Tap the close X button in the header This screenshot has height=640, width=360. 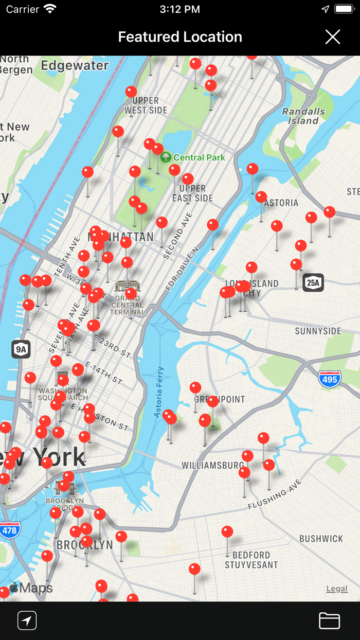pyautogui.click(x=333, y=37)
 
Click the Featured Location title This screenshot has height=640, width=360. pyautogui.click(x=180, y=37)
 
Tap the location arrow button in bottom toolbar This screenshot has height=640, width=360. pyautogui.click(x=27, y=620)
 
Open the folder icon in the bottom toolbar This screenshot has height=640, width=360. pyautogui.click(x=329, y=620)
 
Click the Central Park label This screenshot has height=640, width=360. pyautogui.click(x=200, y=157)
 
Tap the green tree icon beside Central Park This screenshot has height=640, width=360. pyautogui.click(x=166, y=157)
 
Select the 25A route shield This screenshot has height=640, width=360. pyautogui.click(x=313, y=282)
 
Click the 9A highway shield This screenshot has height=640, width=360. pyautogui.click(x=21, y=349)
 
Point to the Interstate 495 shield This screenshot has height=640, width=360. pyautogui.click(x=329, y=379)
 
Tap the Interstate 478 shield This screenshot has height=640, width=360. pyautogui.click(x=9, y=529)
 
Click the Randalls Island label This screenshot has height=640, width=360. pyautogui.click(x=303, y=116)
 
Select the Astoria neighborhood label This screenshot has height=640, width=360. pyautogui.click(x=281, y=203)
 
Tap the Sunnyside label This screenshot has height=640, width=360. pyautogui.click(x=318, y=331)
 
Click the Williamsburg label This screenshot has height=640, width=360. pyautogui.click(x=212, y=466)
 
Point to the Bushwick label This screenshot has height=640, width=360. pyautogui.click(x=321, y=539)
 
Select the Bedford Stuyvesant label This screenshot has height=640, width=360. pyautogui.click(x=251, y=560)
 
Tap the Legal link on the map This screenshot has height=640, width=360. pyautogui.click(x=337, y=589)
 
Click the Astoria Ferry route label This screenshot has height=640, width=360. pyautogui.click(x=159, y=385)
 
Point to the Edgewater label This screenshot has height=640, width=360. pyautogui.click(x=75, y=65)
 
